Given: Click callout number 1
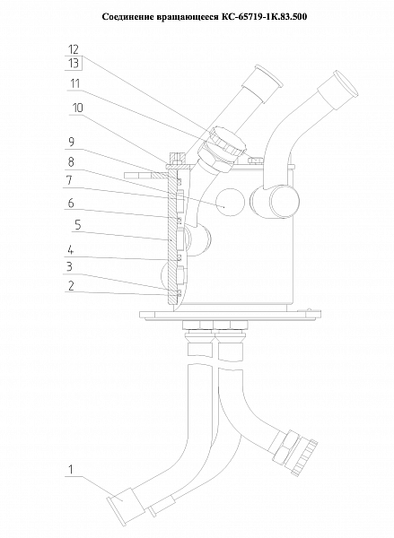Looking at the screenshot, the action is [x=71, y=469].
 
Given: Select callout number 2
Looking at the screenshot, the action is [x=71, y=286].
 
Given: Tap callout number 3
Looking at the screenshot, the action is [x=69, y=266].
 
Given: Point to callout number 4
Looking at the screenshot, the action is [x=70, y=250].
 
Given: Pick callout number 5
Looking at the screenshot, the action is [x=77, y=225].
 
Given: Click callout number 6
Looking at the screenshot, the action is [x=71, y=204].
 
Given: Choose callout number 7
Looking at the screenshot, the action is [x=70, y=180].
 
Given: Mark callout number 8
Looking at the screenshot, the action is [x=71, y=162].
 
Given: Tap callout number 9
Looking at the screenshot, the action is [x=71, y=142].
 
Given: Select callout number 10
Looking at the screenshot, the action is [x=77, y=108].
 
